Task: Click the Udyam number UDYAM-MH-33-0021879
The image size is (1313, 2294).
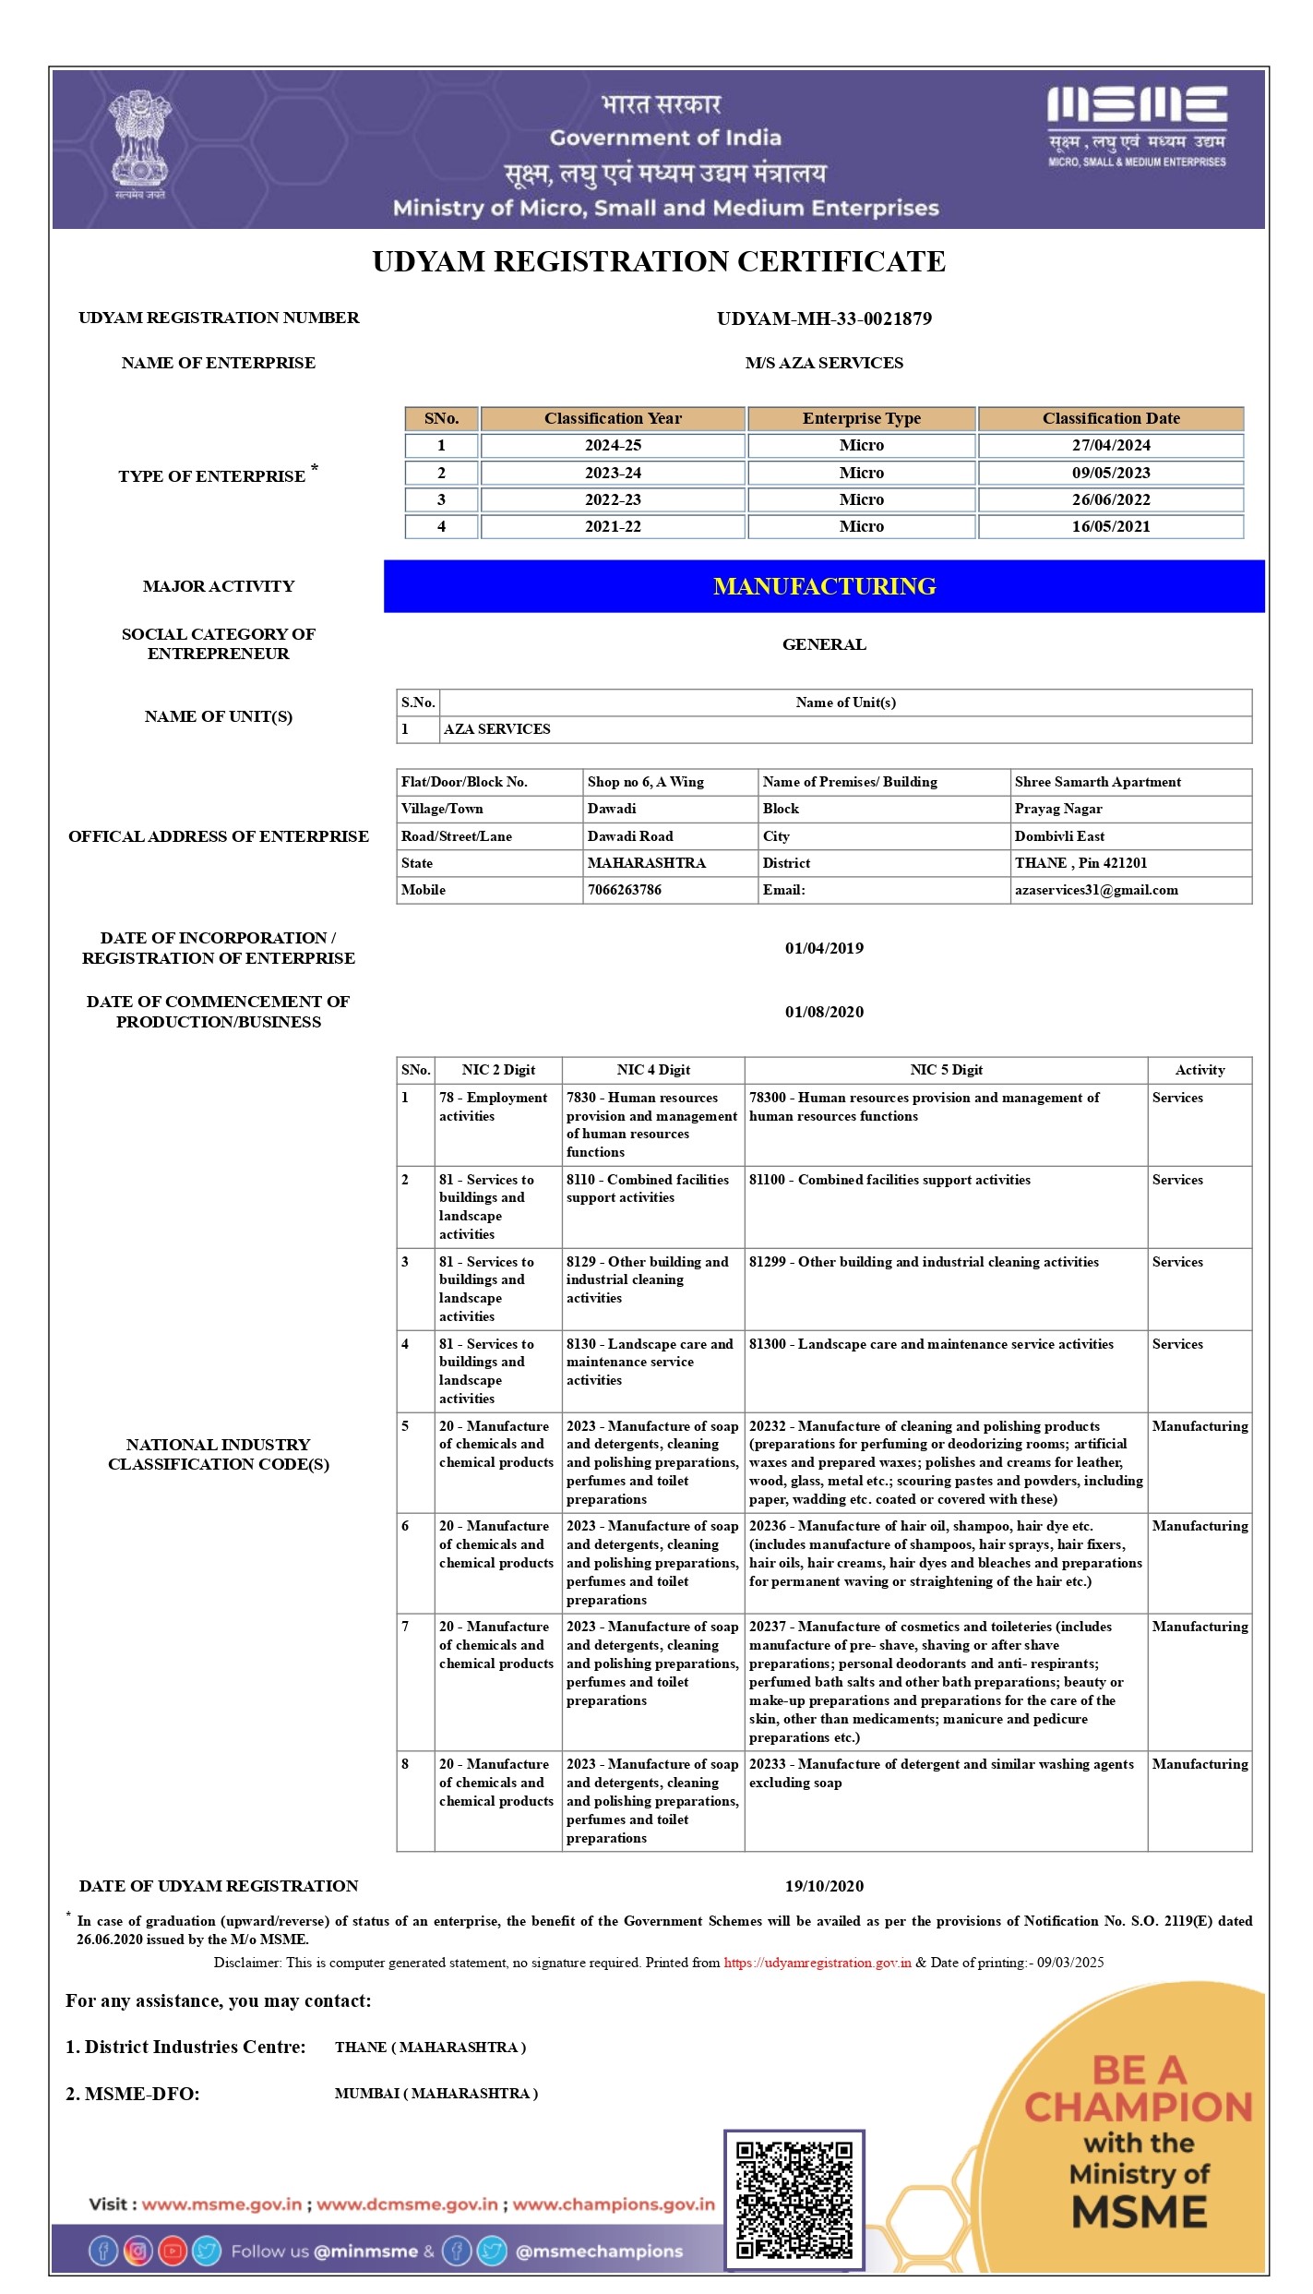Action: pos(824,318)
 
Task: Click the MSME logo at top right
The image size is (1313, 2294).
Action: pos(1136,127)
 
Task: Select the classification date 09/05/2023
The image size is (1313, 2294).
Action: pos(1110,473)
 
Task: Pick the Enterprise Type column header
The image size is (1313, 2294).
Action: pos(861,418)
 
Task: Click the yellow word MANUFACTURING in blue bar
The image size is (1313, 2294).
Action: pos(824,586)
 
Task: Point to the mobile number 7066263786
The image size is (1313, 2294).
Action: pos(624,890)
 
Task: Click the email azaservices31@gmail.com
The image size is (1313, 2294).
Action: pos(1095,890)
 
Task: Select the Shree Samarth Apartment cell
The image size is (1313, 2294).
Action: pos(1097,782)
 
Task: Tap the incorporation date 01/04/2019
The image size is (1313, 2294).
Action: pos(824,948)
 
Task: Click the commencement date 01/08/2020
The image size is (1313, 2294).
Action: pos(824,1012)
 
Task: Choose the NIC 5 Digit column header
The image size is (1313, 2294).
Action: pos(946,1070)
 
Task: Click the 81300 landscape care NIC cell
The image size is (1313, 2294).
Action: pos(931,1344)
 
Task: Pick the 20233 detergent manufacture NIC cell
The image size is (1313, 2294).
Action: pos(941,1773)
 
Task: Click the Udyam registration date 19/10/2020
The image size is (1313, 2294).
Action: pos(824,1886)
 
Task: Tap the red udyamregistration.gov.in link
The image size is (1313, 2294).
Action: pos(818,1963)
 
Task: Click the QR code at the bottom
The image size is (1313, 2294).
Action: pos(794,2199)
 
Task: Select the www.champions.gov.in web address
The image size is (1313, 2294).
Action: pos(614,2204)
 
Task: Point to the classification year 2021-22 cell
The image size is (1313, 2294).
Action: pos(613,526)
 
